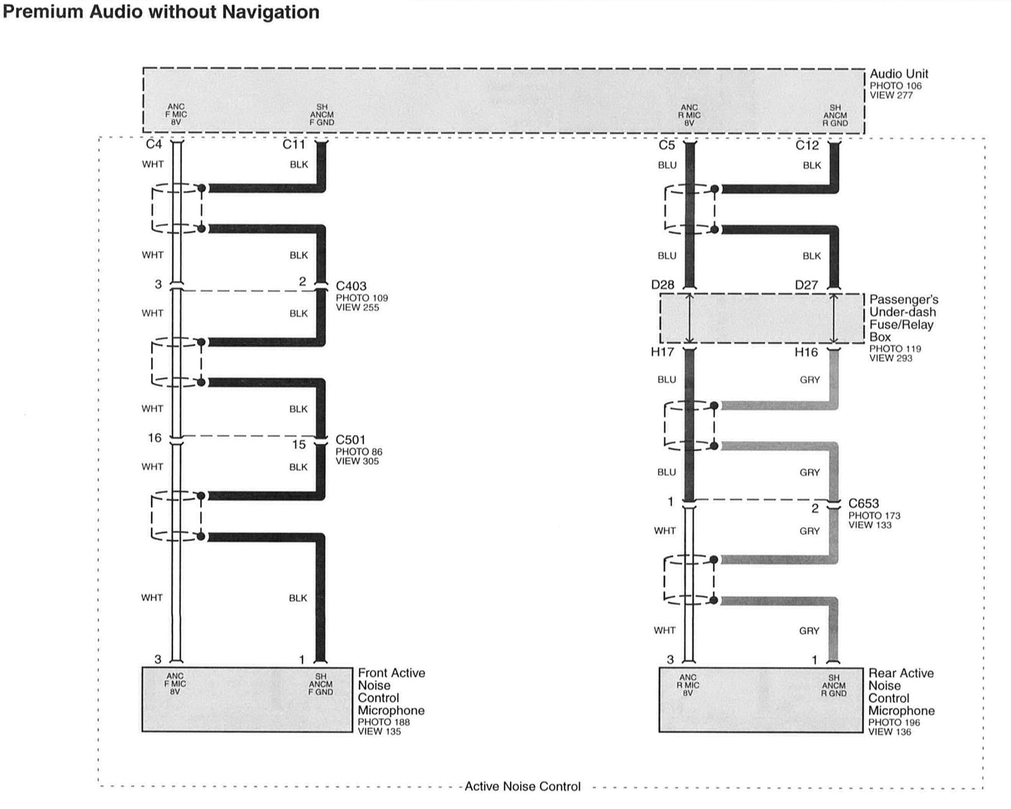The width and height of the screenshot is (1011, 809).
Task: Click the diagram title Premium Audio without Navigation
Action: click(x=161, y=12)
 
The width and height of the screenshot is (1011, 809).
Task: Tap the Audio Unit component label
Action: click(x=899, y=74)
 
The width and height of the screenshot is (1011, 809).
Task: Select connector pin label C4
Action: click(x=154, y=144)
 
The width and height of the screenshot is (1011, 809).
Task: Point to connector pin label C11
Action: click(x=293, y=144)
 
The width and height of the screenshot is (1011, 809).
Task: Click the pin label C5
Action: click(x=667, y=145)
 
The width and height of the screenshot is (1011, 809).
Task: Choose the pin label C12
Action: click(x=806, y=145)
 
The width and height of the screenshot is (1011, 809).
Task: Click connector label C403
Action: click(x=351, y=286)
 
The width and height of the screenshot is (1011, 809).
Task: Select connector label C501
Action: click(x=350, y=440)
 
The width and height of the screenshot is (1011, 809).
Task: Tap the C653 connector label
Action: click(x=863, y=503)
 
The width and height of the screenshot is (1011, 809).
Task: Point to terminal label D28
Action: click(x=663, y=285)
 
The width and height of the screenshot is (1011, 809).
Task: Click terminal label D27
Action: click(x=806, y=285)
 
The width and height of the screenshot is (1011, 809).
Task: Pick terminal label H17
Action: click(x=662, y=352)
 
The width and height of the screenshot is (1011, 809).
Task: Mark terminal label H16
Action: click(x=806, y=352)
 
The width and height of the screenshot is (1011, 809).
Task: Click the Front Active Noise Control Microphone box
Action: click(x=247, y=699)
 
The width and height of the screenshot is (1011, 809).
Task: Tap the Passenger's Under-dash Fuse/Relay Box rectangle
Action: click(x=762, y=319)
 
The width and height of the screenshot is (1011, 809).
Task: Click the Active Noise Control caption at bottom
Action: click(x=523, y=787)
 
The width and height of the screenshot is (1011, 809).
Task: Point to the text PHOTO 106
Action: click(x=895, y=86)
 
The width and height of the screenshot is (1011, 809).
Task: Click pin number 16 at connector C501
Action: click(x=155, y=438)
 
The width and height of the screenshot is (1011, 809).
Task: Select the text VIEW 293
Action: click(x=891, y=358)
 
